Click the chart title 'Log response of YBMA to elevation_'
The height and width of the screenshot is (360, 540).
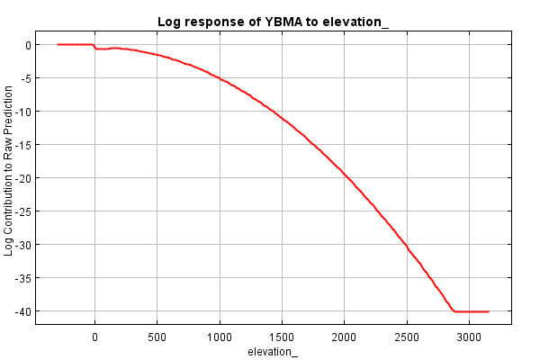tap(273, 21)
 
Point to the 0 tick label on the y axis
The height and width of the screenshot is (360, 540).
tap(28, 45)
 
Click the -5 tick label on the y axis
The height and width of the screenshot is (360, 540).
tap(26, 78)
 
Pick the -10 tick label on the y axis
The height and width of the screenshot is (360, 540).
tap(23, 112)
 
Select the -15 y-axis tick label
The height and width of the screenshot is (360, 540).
tap(23, 145)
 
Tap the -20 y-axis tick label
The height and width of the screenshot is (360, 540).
tap(23, 178)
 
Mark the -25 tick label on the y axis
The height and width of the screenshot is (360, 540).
tap(23, 211)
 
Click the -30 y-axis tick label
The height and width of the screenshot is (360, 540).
tap(23, 245)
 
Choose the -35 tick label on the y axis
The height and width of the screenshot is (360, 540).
tap(23, 278)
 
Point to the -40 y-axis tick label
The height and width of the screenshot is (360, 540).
tap(23, 311)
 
